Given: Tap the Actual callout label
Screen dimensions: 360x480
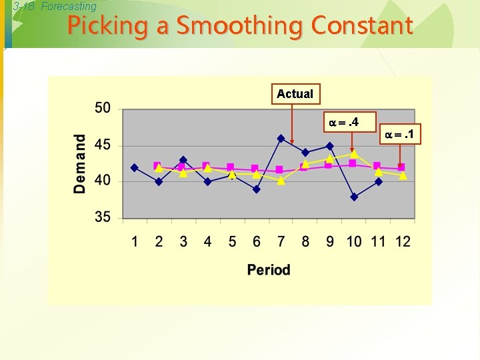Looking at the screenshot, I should click(x=295, y=94).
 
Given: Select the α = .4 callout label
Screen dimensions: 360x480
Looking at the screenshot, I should click(x=343, y=123).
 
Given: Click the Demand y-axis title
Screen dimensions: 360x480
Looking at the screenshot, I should click(x=80, y=164).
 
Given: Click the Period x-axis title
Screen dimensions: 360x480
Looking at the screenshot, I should click(x=269, y=269).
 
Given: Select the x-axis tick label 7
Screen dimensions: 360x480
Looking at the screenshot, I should click(x=281, y=241).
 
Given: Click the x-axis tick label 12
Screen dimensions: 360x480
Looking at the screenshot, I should click(x=402, y=241).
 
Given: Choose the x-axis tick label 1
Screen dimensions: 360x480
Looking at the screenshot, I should click(x=135, y=241).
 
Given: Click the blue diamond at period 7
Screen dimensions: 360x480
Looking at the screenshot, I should click(x=281, y=139).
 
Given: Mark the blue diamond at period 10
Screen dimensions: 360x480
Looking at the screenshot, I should click(x=354, y=197).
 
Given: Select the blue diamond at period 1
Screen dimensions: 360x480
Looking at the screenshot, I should click(x=135, y=167).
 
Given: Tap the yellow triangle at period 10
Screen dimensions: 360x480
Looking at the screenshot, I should click(x=354, y=153).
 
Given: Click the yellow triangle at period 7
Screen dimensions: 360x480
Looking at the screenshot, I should click(x=281, y=180).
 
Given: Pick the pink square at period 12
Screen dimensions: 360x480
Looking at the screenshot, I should click(x=401, y=167).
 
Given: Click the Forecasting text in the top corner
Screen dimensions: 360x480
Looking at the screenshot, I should click(x=69, y=7).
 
